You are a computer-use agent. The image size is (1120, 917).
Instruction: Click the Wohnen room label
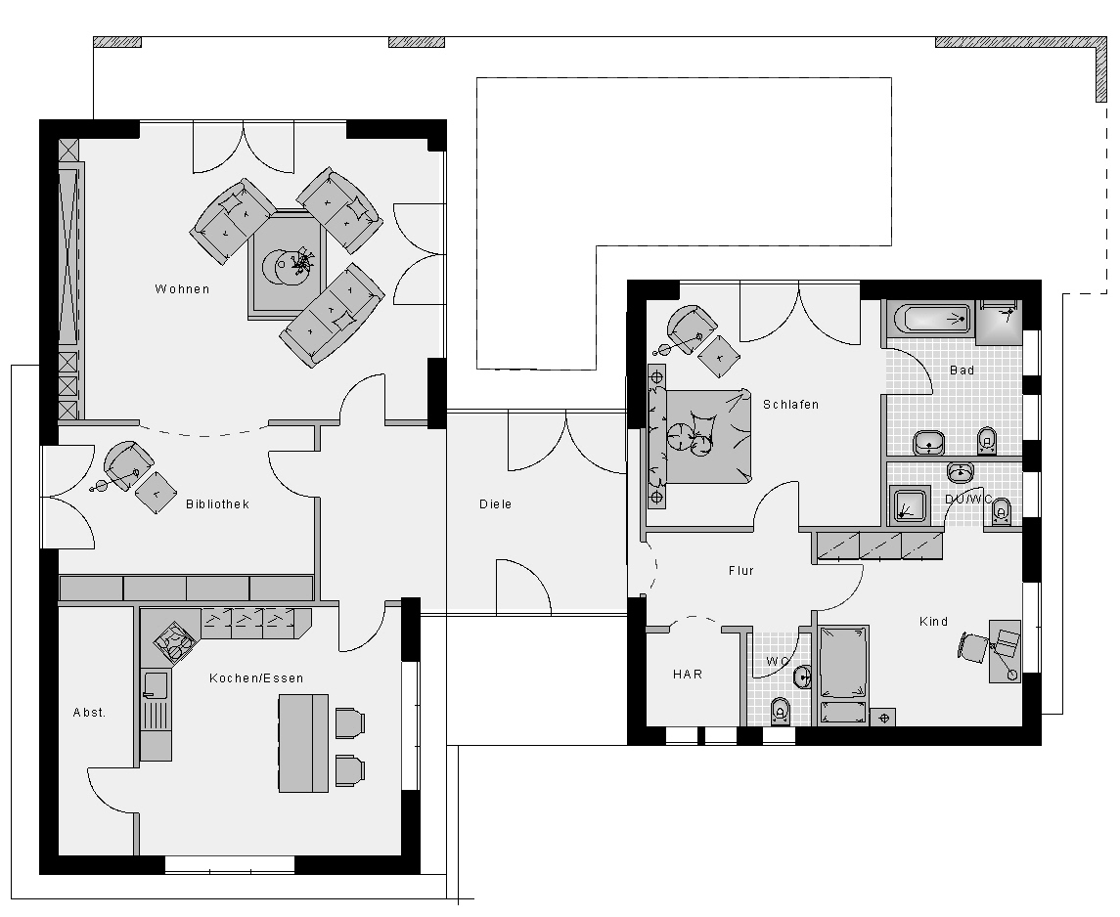(182, 289)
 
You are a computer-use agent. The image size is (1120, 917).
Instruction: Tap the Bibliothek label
(217, 503)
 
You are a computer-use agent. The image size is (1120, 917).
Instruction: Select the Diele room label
(496, 503)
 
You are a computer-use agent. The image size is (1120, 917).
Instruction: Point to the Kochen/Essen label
(256, 677)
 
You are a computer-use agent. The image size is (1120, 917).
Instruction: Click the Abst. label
(89, 713)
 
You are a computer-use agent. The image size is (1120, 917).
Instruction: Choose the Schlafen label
(790, 405)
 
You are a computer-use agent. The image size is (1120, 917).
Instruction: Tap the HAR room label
(687, 674)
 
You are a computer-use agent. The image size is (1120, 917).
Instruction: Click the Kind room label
(933, 622)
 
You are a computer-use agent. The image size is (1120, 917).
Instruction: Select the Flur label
(741, 570)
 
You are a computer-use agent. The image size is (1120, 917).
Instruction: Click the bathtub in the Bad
(928, 319)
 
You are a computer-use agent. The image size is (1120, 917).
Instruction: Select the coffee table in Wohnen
(288, 264)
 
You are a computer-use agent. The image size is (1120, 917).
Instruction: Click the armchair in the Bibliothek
(128, 464)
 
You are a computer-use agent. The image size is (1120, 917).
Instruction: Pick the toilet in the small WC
(780, 711)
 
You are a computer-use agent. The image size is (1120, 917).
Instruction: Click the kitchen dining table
(303, 743)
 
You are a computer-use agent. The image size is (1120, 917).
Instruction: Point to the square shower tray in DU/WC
(909, 505)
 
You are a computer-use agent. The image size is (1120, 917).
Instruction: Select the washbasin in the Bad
(928, 443)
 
